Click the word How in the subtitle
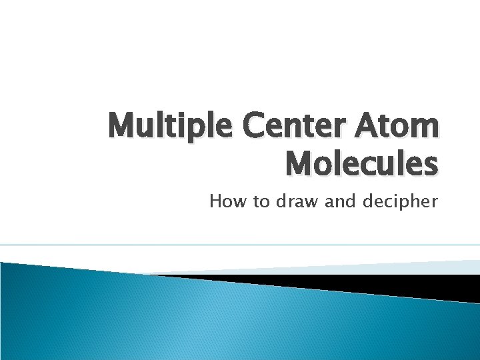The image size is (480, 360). point(226,201)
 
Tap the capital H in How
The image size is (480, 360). point(215,201)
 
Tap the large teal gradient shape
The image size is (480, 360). point(200,320)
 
